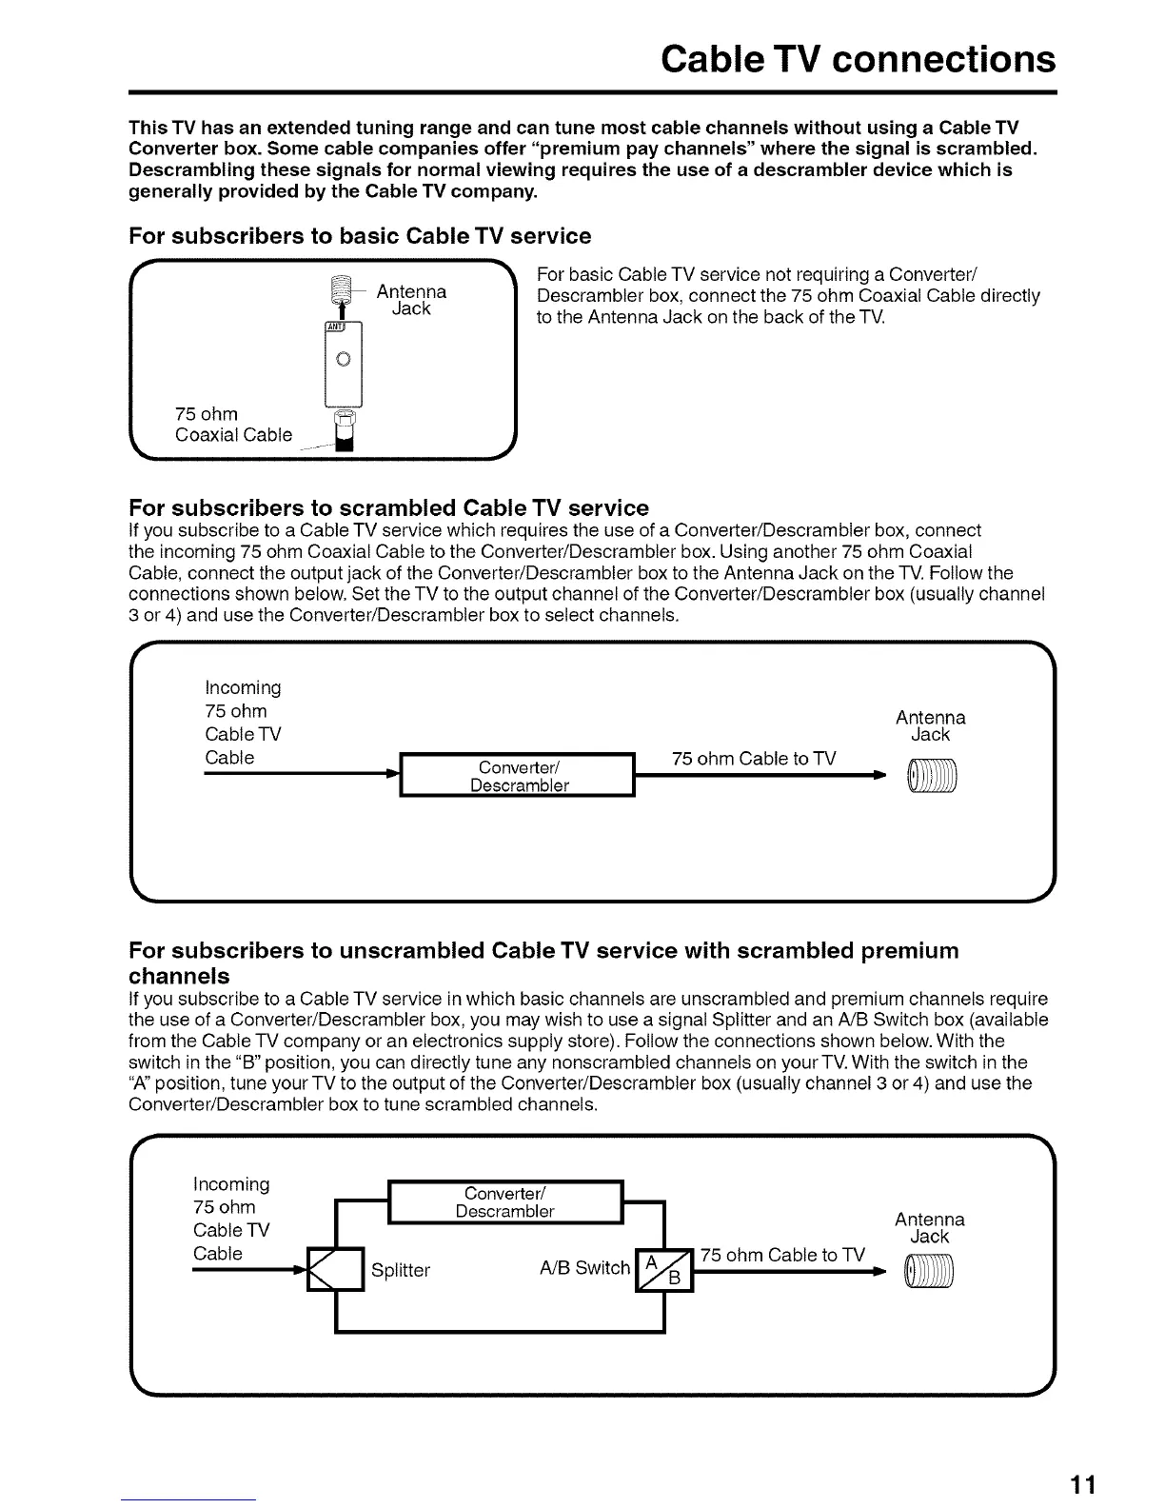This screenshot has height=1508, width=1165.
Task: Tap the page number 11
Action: point(1083,1485)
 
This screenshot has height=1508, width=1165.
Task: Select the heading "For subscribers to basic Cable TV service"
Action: point(360,236)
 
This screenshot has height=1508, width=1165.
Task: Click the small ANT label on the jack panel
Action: point(334,327)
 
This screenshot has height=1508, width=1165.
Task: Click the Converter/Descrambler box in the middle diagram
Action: point(519,777)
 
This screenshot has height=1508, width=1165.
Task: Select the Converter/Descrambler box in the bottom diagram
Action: point(505,1202)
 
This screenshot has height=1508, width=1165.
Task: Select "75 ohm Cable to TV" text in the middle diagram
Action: point(753,759)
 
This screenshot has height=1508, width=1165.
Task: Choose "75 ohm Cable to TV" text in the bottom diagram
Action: point(782,1255)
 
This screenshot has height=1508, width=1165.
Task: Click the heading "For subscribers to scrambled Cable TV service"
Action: point(388,507)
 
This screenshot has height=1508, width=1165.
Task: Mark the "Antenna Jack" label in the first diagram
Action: point(411,300)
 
